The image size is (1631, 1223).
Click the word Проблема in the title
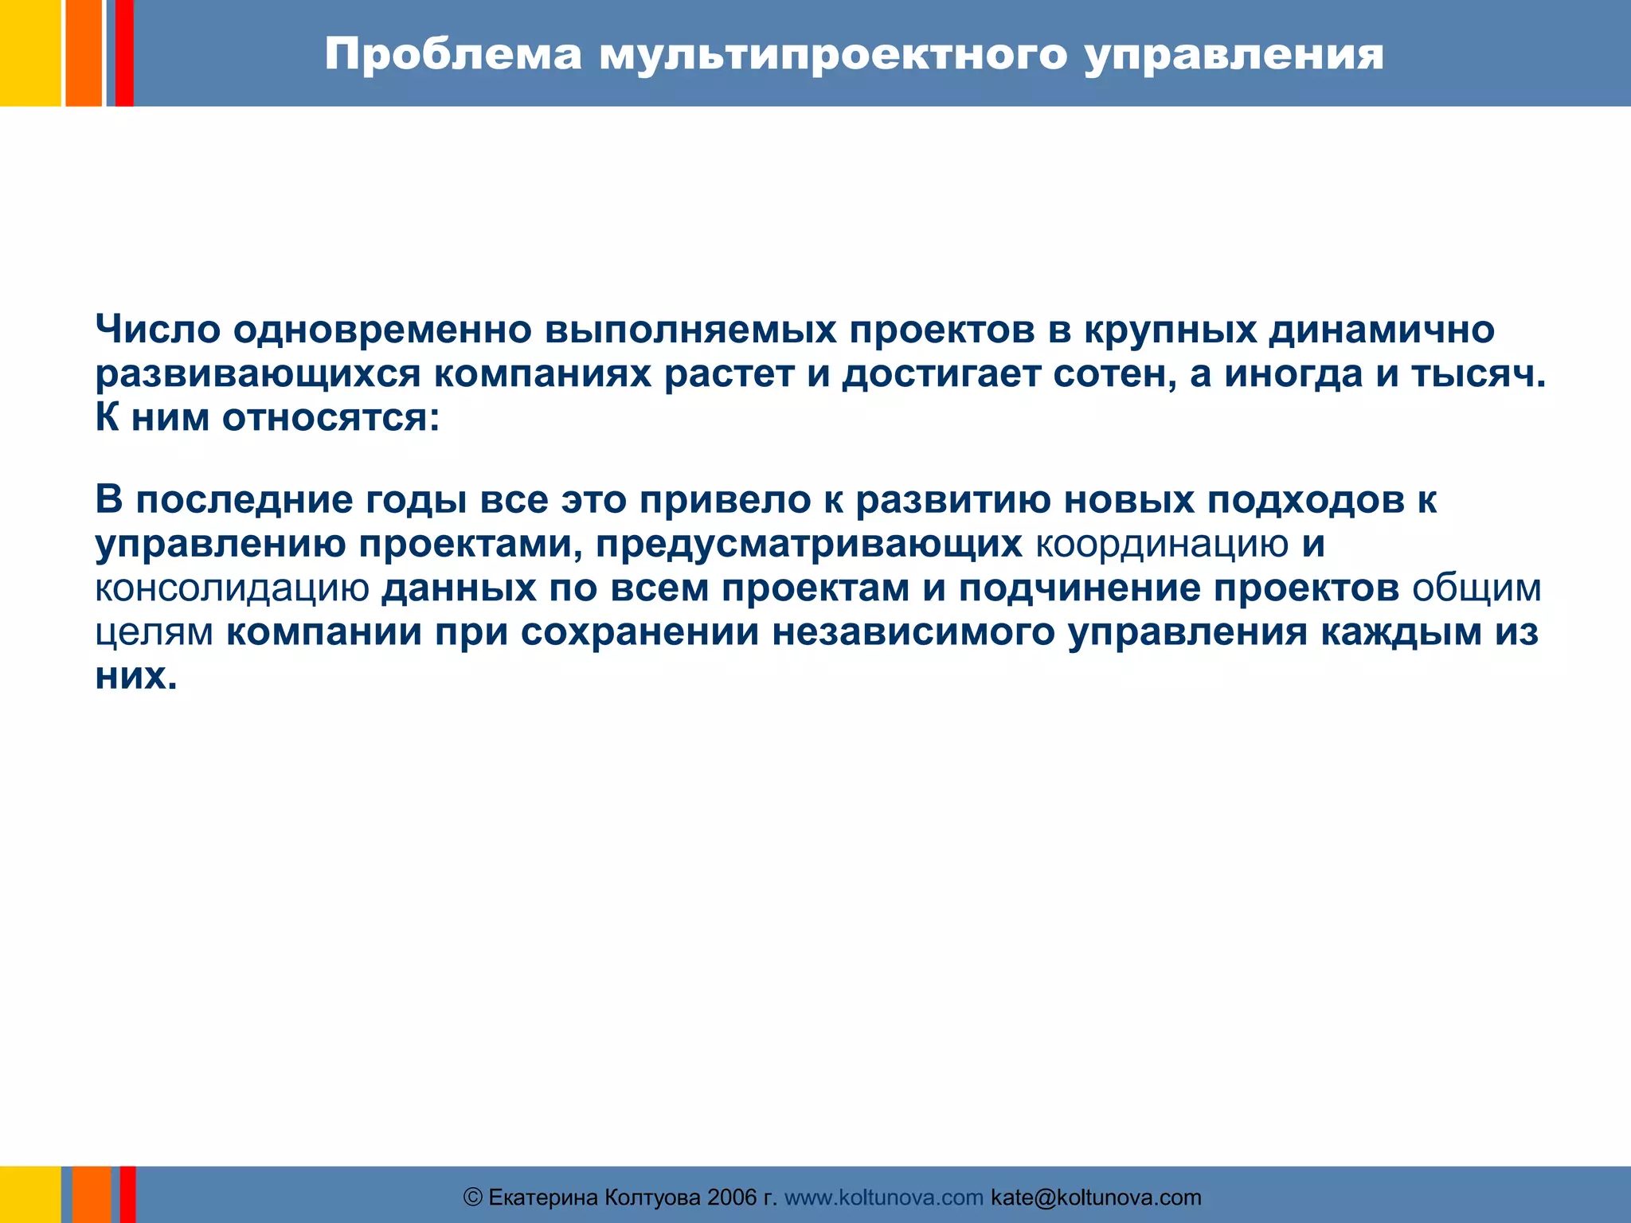[452, 56]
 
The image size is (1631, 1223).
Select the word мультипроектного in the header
[832, 56]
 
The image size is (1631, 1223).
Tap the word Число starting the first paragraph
[158, 330]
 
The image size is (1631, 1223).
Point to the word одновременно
[382, 330]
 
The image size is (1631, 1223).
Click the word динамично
[1382, 330]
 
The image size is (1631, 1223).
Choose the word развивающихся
[257, 374]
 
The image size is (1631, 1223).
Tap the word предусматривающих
[809, 545]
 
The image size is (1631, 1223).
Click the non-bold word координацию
[1162, 545]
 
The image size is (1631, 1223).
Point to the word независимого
[913, 633]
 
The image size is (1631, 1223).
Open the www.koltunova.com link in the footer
[884, 1198]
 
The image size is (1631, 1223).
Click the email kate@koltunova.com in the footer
[1096, 1198]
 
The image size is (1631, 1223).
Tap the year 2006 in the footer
[732, 1198]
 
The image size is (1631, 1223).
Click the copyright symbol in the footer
[473, 1198]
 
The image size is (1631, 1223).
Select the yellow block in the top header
[30, 53]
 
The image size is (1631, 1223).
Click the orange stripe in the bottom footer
[92, 1194]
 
